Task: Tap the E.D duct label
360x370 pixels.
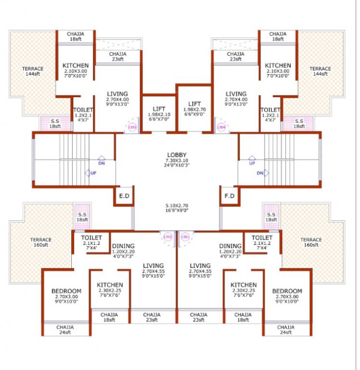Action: coord(124,196)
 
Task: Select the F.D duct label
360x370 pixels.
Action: coord(229,196)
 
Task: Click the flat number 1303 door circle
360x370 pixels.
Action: coord(131,127)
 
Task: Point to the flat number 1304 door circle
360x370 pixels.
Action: coord(221,127)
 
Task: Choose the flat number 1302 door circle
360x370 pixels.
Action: coord(168,237)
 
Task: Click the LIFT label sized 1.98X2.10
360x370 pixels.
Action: coord(159,109)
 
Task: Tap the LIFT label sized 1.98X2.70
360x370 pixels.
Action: coord(194,104)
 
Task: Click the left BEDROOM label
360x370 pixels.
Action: coord(66,291)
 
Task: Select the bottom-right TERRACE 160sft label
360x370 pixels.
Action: coord(311,242)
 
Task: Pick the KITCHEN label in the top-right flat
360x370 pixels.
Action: coord(278,66)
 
